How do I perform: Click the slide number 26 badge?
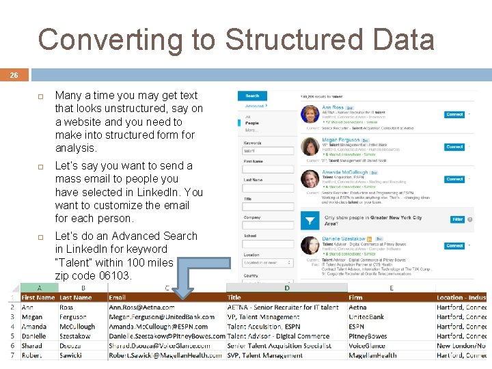point(14,76)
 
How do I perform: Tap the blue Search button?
point(252,96)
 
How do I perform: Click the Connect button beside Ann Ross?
point(454,114)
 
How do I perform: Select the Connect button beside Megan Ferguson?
point(454,147)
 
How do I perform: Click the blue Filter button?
point(457,219)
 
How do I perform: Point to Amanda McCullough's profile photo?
point(310,178)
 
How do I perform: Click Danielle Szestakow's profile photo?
point(310,244)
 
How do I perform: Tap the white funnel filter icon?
point(310,221)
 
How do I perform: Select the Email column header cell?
point(118,297)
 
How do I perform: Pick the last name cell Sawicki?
point(71,355)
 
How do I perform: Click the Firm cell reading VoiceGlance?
point(368,346)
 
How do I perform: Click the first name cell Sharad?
point(32,346)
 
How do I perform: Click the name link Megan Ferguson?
point(340,140)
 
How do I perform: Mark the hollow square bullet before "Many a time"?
point(41,96)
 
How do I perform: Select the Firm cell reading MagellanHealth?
point(372,355)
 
